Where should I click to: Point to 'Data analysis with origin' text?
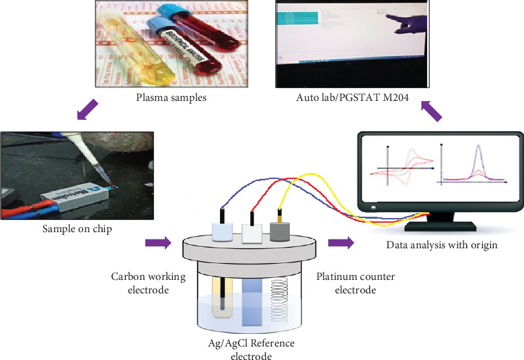point(442,244)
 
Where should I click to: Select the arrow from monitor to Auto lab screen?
point(431,110)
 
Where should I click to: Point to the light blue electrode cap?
point(221,231)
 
